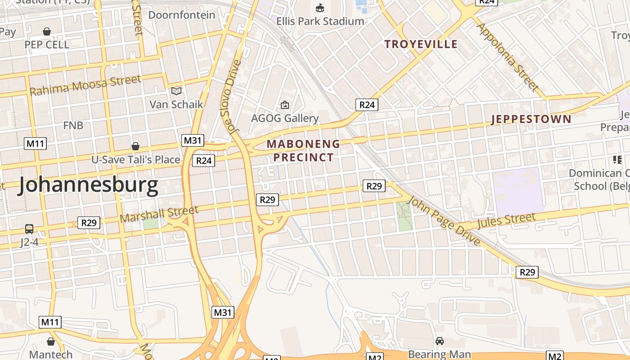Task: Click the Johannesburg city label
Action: pyautogui.click(x=88, y=185)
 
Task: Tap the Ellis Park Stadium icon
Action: pyautogui.click(x=320, y=8)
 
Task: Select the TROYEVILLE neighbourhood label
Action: pyautogui.click(x=421, y=44)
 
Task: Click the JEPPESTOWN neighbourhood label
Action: pyautogui.click(x=531, y=119)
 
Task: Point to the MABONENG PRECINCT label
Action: pyautogui.click(x=303, y=151)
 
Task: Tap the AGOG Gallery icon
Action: pyautogui.click(x=285, y=105)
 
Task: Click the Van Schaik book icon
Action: pyautogui.click(x=176, y=91)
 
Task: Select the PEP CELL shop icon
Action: pyautogui.click(x=47, y=31)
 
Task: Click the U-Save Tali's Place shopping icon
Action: pyautogui.click(x=135, y=147)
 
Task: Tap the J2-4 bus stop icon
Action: pyautogui.click(x=29, y=229)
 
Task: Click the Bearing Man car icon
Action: pyautogui.click(x=440, y=342)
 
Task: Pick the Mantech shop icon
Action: pyautogui.click(x=51, y=342)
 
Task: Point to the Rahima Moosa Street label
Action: pyautogui.click(x=85, y=85)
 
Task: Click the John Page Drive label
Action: pyautogui.click(x=443, y=221)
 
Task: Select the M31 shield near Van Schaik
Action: pyautogui.click(x=193, y=140)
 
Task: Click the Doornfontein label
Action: pyautogui.click(x=182, y=15)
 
